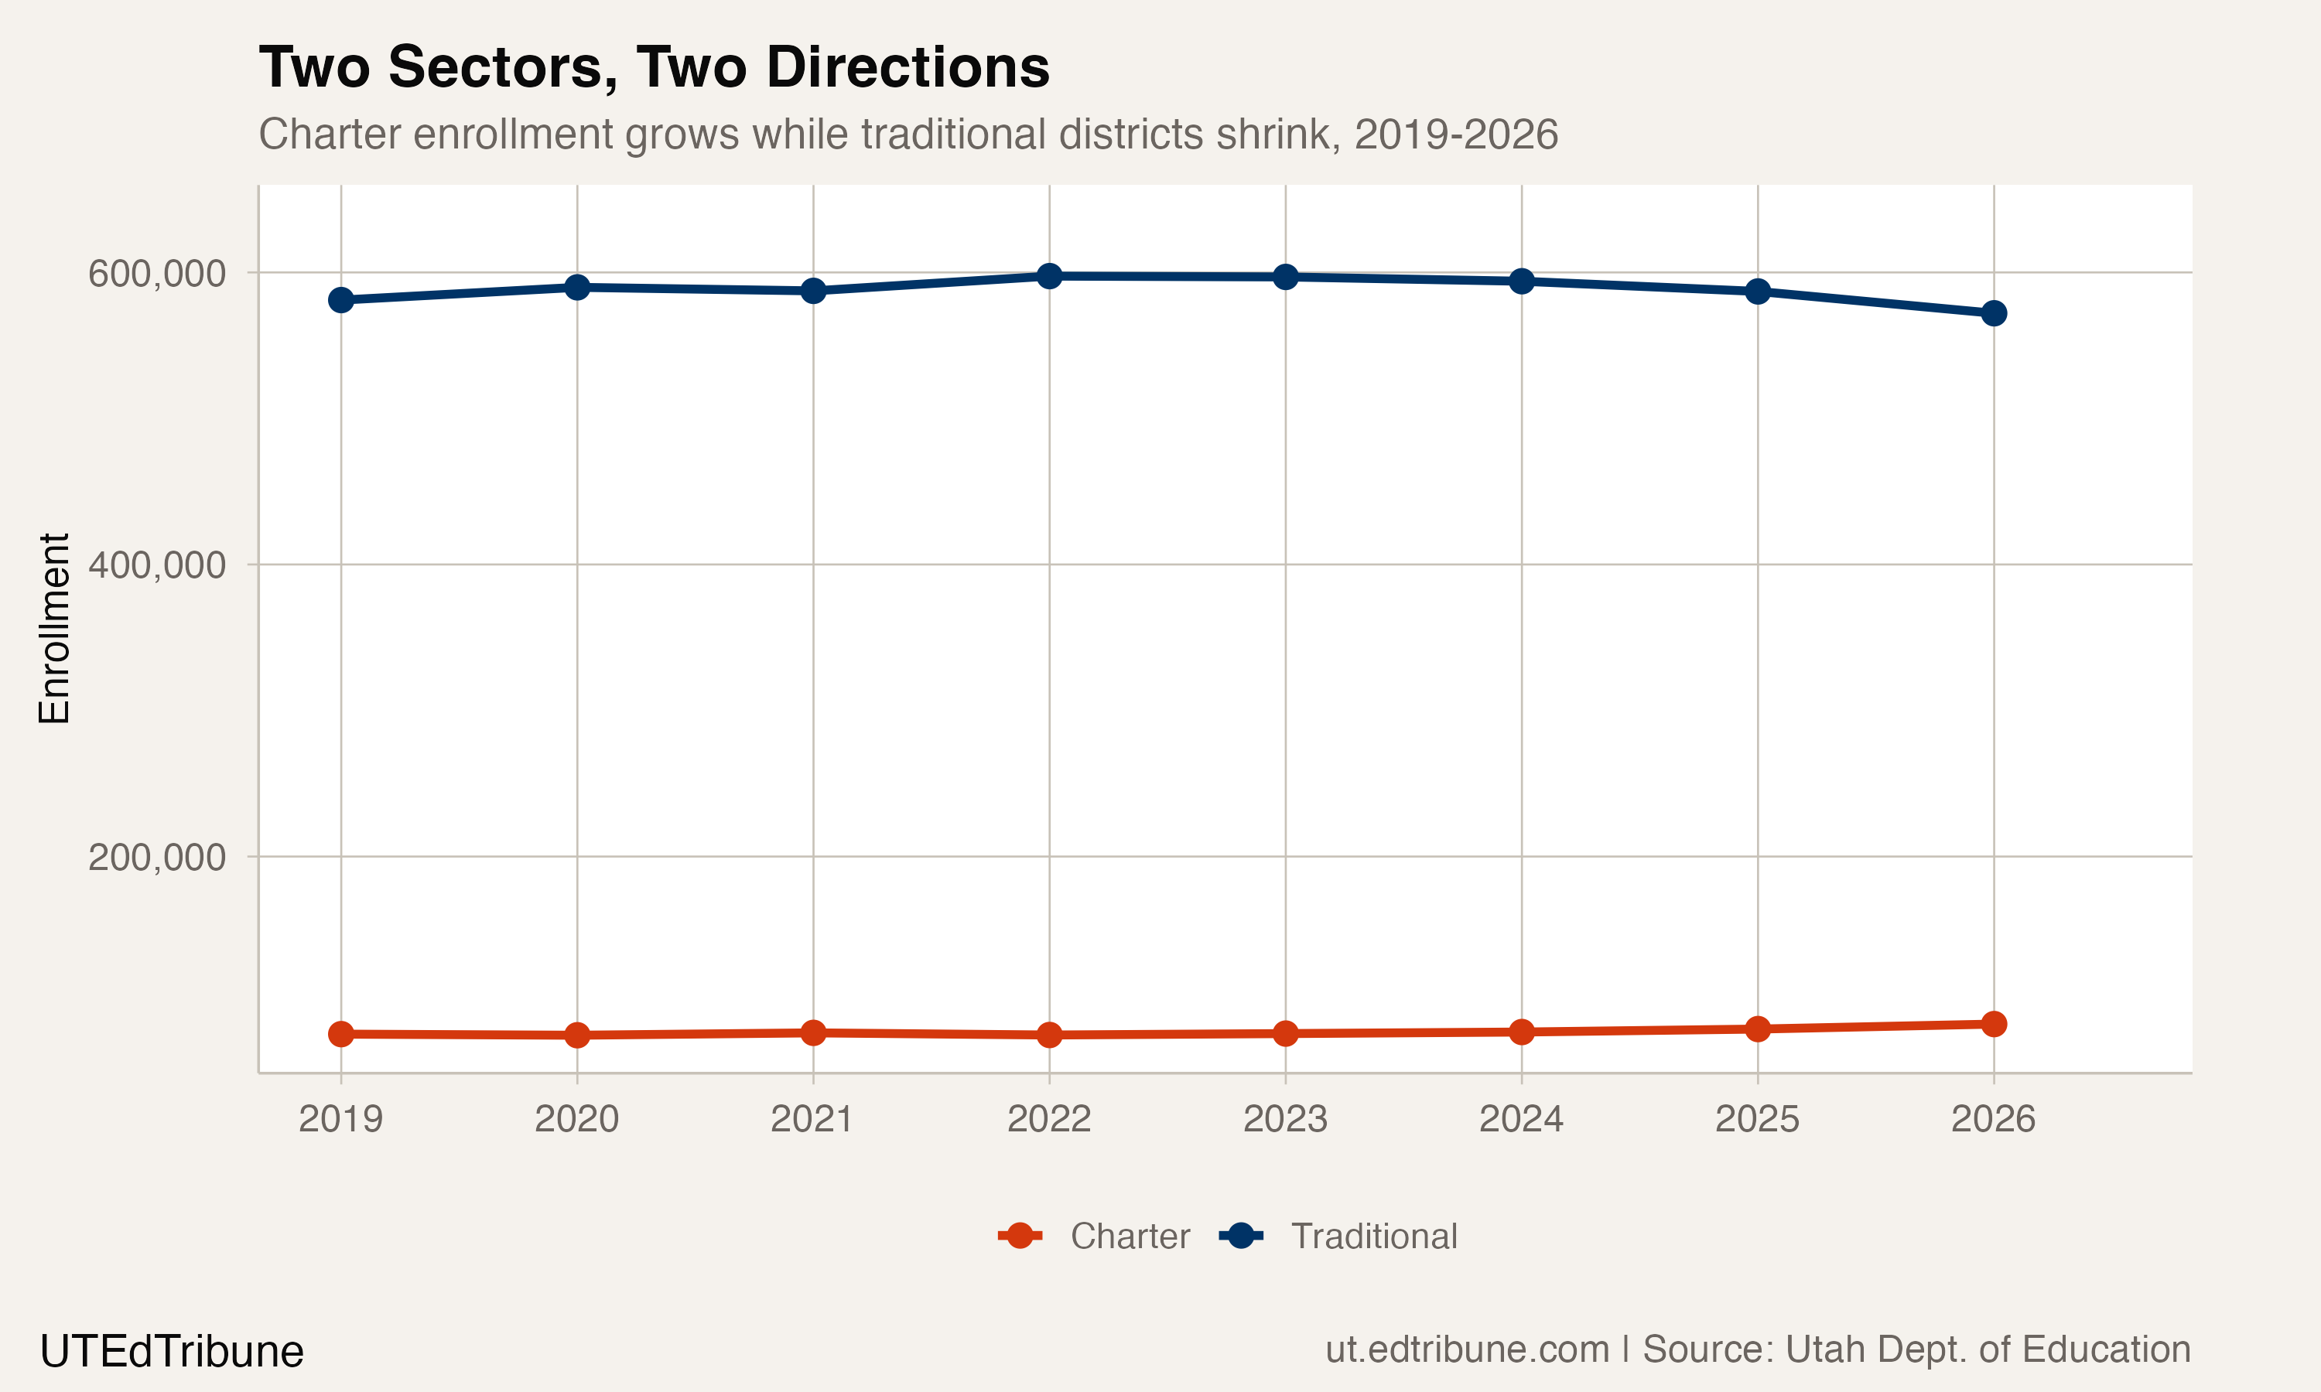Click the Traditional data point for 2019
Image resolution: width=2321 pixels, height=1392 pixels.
point(340,300)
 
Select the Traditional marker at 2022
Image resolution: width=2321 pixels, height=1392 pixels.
point(1049,277)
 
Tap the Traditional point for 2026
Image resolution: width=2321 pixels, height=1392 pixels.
point(1994,313)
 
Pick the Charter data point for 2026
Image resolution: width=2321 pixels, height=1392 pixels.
point(1994,1025)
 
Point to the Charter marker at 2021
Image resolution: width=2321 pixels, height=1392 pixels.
point(813,1032)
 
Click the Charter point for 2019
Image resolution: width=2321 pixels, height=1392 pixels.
point(340,1035)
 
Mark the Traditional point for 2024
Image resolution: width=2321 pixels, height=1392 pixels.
point(1522,281)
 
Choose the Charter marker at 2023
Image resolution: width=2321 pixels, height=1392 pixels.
point(1285,1034)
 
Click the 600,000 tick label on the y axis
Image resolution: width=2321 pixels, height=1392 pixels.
point(157,274)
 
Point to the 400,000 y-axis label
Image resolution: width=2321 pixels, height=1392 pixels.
point(157,565)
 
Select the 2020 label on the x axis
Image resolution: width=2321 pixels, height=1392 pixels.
point(577,1119)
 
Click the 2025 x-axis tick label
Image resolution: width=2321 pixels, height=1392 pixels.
point(1757,1119)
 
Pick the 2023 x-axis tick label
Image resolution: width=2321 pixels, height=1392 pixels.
point(1285,1119)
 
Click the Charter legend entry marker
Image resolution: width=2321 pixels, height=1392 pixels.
point(1020,1237)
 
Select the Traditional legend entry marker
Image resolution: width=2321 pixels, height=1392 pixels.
point(1240,1237)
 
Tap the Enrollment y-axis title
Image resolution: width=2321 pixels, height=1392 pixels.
point(54,629)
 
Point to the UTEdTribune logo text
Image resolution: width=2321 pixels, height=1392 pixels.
point(172,1352)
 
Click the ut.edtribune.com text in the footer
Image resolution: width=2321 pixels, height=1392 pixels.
point(1468,1349)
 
